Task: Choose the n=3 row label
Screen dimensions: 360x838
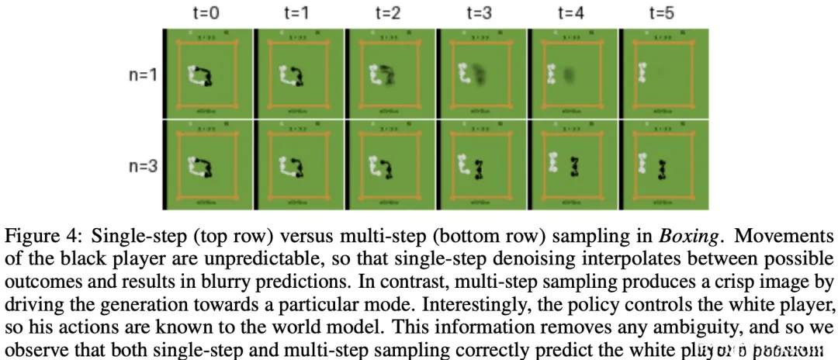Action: (x=142, y=166)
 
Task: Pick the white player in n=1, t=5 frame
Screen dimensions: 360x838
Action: (x=642, y=74)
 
